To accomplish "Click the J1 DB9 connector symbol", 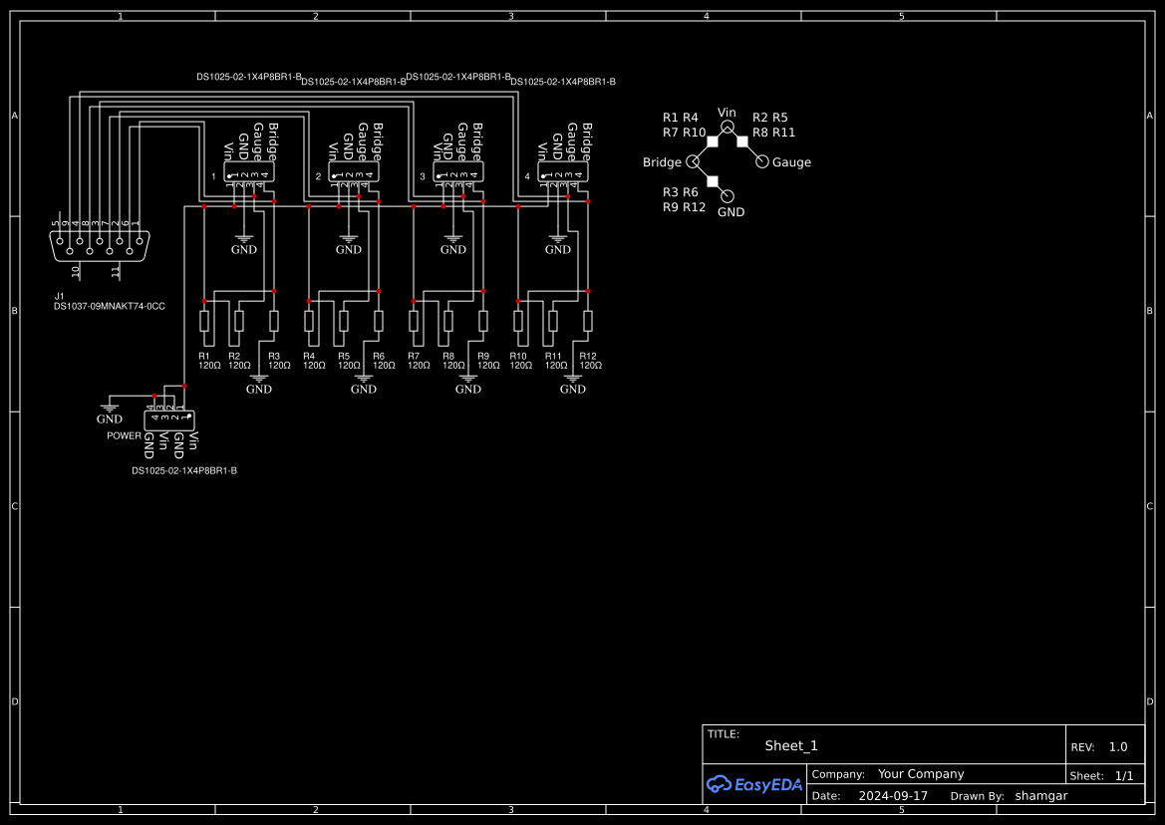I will (101, 245).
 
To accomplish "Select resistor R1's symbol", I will (204, 321).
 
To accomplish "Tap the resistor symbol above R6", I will (379, 321).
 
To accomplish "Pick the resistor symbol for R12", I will (588, 321).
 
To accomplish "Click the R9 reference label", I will (483, 356).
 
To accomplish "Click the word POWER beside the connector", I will (125, 436).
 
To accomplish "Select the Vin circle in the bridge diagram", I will (728, 128).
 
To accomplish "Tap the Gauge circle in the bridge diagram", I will (762, 162).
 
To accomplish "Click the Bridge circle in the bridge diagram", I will (693, 162).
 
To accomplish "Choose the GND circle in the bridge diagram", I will (728, 197).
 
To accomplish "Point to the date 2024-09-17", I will (893, 796).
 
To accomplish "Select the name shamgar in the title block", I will (1041, 796).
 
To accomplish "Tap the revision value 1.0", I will (1118, 747).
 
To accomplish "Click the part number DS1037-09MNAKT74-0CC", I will (110, 307).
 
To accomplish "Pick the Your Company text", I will (921, 774).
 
